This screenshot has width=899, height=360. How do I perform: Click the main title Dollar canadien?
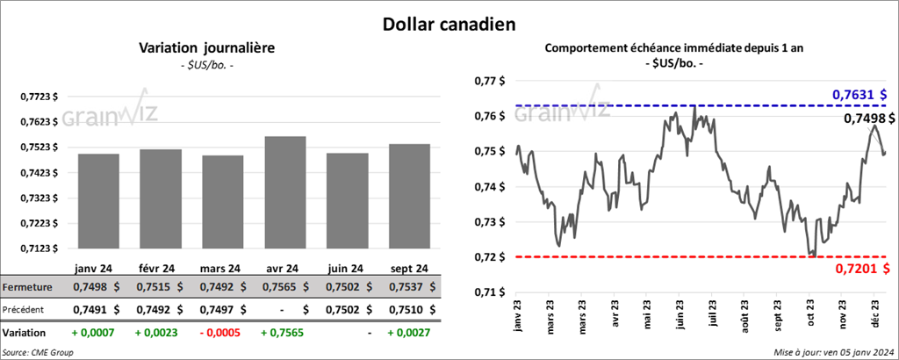[448, 24]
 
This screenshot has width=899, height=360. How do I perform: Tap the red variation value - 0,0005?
[221, 334]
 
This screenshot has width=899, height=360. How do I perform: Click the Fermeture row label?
[28, 286]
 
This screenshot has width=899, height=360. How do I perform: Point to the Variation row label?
[25, 334]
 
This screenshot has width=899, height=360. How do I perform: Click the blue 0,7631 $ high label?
[859, 94]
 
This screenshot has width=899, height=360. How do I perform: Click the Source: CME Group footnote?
[39, 352]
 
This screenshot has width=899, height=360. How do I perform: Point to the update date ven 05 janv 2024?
[834, 352]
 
